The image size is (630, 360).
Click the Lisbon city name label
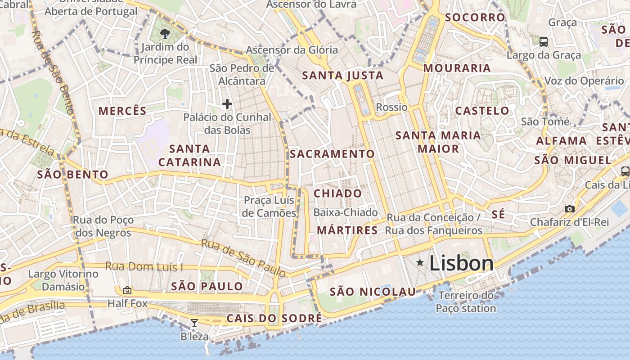coord(461,263)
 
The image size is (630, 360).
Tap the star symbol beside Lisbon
coord(420,262)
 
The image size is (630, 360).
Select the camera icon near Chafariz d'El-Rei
coord(570,209)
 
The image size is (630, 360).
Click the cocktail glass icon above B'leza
coord(194,323)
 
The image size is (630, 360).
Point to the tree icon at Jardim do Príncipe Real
coord(165,33)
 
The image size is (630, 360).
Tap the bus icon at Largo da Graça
coord(544,42)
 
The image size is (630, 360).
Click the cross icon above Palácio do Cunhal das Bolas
coord(227,104)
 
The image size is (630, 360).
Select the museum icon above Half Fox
coord(127,290)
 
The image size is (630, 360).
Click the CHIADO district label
coord(337,193)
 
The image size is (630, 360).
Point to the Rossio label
coord(391,107)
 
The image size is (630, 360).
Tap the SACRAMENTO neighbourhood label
coord(332,154)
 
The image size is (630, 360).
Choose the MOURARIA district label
coord(457,68)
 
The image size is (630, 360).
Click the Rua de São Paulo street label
coord(243,258)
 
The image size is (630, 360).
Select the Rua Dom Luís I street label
coord(144,266)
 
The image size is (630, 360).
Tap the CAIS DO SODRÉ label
coord(274,318)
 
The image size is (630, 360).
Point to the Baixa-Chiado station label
coord(346,212)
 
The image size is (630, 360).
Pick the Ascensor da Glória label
coord(292,50)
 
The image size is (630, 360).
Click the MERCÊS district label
coord(122,111)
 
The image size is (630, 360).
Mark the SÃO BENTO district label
coord(72,175)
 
